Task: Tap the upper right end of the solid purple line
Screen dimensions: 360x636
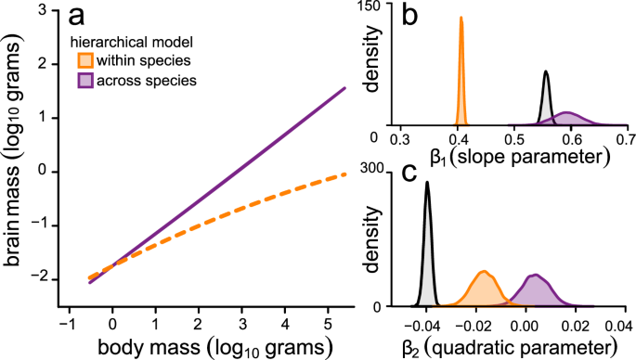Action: (344, 89)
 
